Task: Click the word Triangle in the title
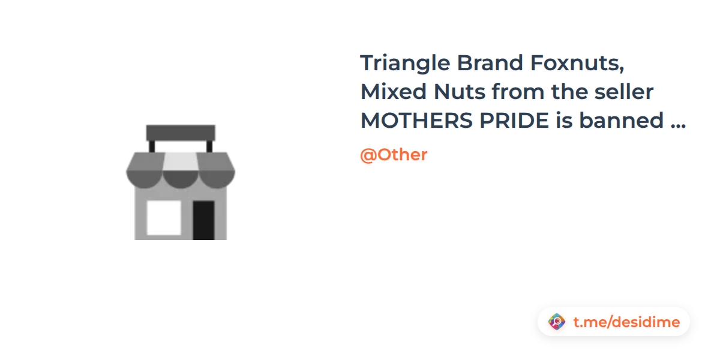405,64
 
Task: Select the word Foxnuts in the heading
577,63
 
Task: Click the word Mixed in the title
394,92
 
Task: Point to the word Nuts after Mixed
460,92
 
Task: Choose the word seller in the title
624,91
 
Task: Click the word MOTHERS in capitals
416,121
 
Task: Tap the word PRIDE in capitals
514,121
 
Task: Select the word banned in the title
622,120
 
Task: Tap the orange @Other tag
394,155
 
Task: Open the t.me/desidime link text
626,322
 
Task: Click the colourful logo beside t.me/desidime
557,322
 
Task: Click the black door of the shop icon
204,220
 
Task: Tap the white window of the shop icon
164,218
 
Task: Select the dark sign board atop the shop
181,133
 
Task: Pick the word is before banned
564,120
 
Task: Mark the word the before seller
569,91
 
